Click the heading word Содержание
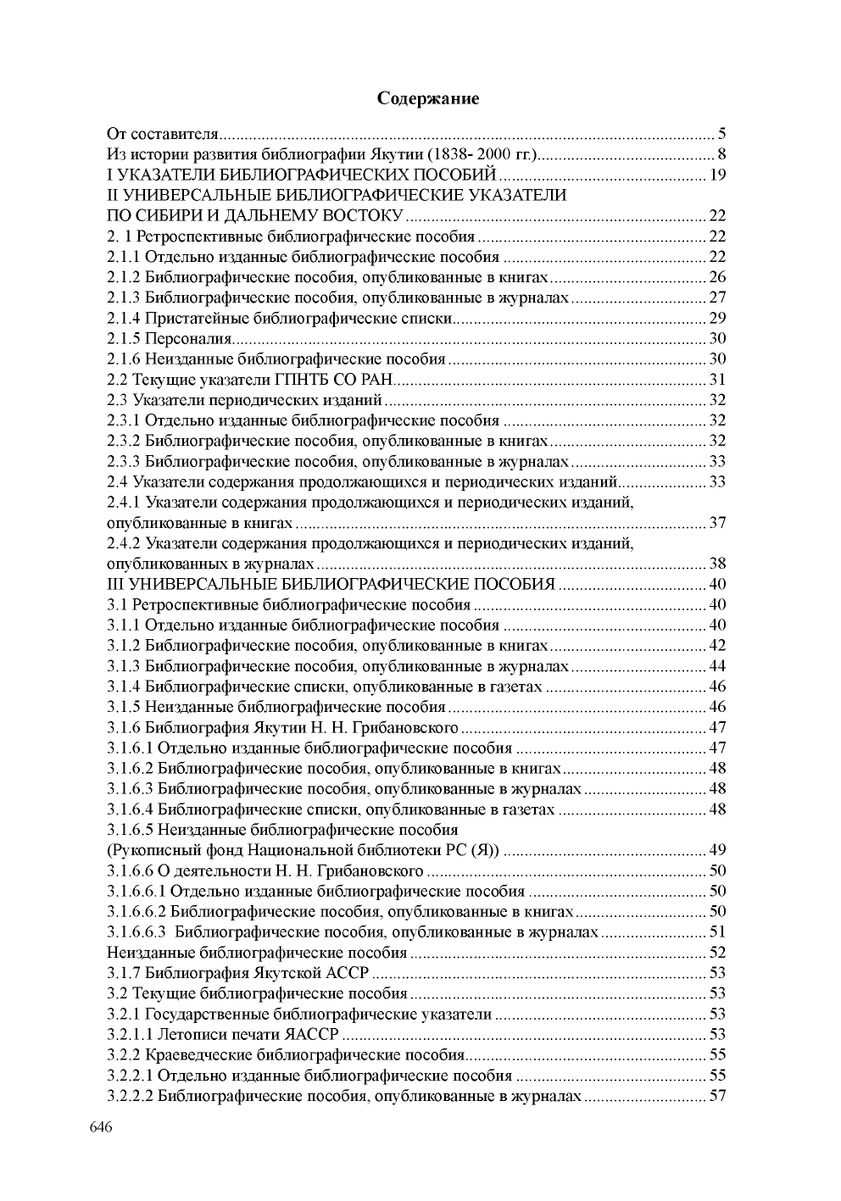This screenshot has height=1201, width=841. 428,99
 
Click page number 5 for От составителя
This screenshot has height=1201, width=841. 721,134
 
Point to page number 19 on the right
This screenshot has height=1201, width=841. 717,175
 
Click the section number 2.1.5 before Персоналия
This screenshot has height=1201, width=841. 125,339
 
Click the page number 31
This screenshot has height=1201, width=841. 717,380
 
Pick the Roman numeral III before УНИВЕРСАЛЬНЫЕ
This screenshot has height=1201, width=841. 115,585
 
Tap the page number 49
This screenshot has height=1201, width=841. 717,850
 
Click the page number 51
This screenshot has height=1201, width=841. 717,932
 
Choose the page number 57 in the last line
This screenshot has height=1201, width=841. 717,1097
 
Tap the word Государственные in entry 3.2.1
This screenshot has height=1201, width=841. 203,1015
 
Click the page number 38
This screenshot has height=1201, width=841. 717,564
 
